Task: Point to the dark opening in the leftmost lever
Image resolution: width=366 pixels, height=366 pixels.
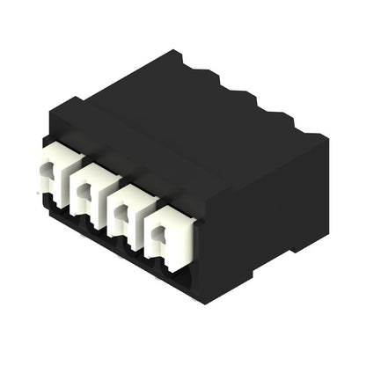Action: coord(51,182)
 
